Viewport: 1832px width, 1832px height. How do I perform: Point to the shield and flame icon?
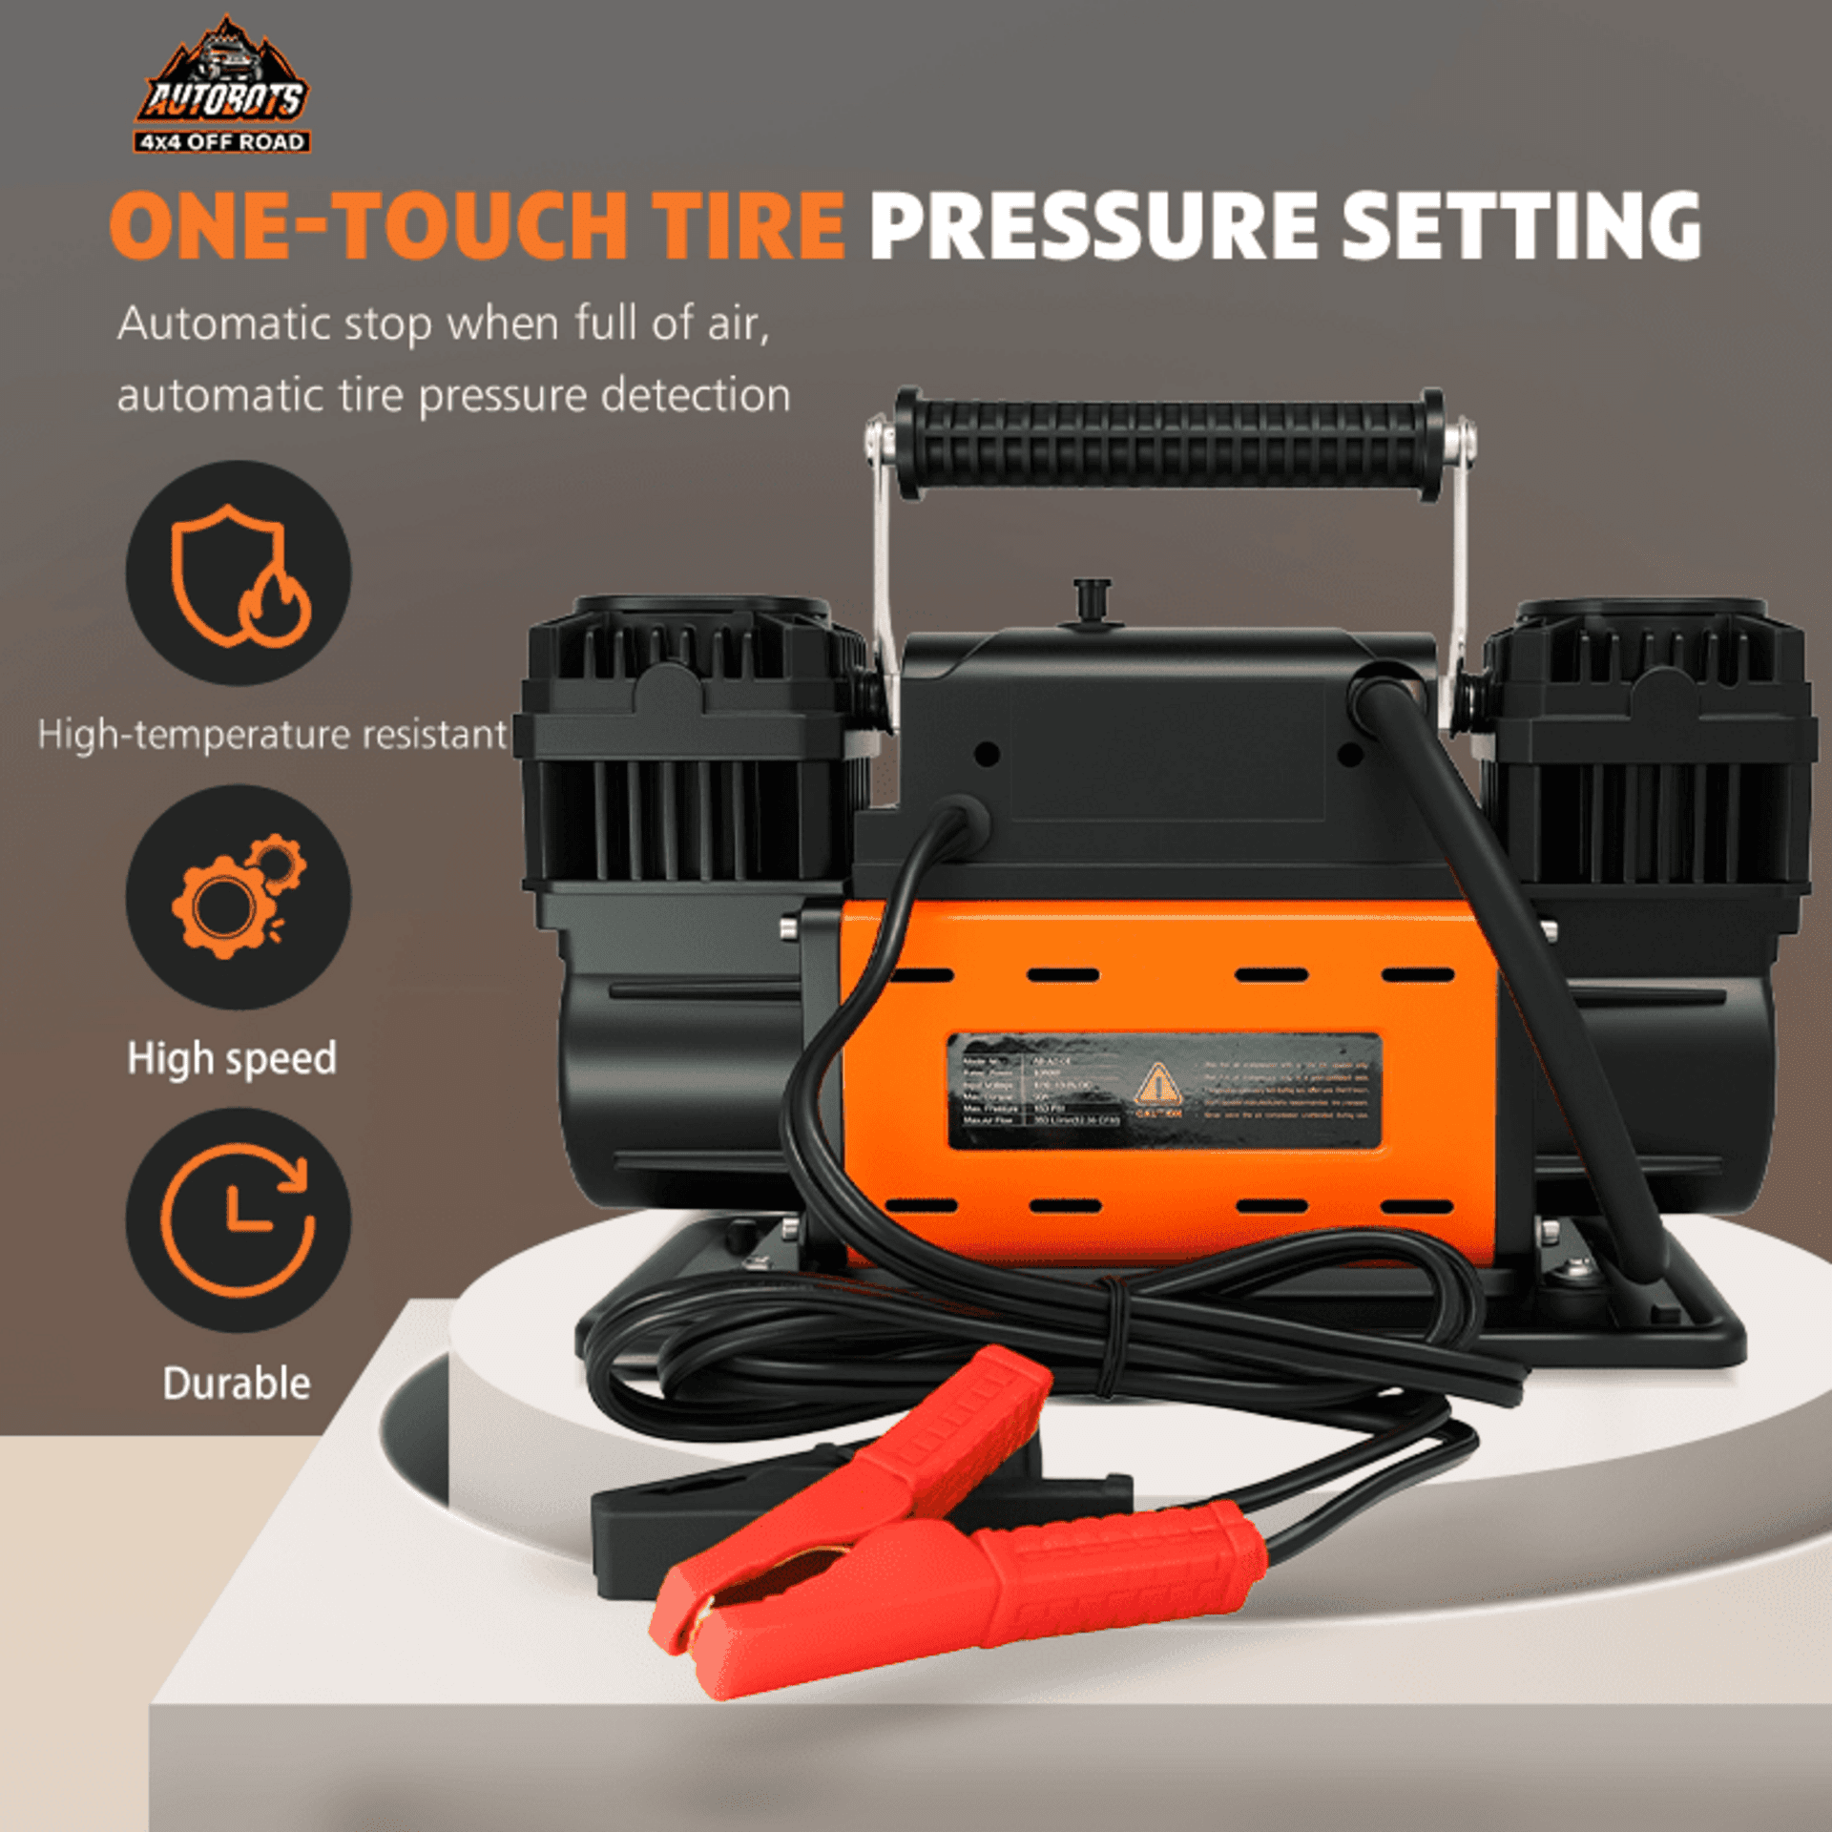[x=239, y=572]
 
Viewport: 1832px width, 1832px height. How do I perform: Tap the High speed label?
[x=232, y=1058]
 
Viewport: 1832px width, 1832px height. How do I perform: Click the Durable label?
[x=237, y=1383]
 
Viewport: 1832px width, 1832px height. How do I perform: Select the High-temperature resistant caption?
[x=272, y=735]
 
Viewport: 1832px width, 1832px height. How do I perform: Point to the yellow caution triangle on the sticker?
[x=1156, y=1084]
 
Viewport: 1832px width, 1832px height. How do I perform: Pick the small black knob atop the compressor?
[x=1093, y=598]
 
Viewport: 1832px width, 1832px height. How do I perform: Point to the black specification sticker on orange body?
[x=1164, y=1091]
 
